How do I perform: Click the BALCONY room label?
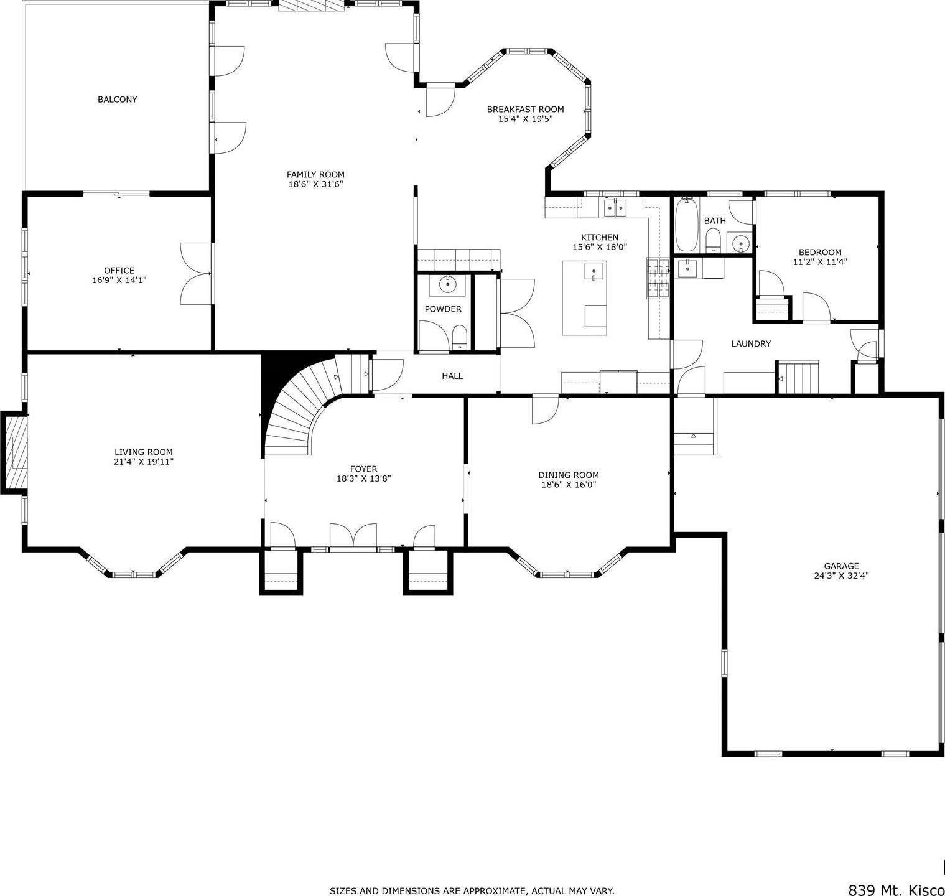(x=117, y=100)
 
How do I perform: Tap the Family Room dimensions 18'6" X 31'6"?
(x=315, y=184)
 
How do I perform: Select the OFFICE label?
(x=119, y=270)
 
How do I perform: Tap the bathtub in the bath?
(x=686, y=225)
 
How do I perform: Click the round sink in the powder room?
(x=448, y=284)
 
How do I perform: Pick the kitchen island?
(x=584, y=298)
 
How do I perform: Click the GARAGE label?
(x=841, y=566)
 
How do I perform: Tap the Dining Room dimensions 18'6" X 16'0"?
(x=569, y=485)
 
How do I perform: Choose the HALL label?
(x=452, y=376)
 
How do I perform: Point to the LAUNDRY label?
(x=751, y=343)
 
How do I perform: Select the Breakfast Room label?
(x=525, y=110)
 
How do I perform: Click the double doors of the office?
(x=197, y=274)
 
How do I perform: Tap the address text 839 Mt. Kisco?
(x=896, y=890)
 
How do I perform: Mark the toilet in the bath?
(x=713, y=240)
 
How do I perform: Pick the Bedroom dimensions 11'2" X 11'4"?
(x=820, y=262)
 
